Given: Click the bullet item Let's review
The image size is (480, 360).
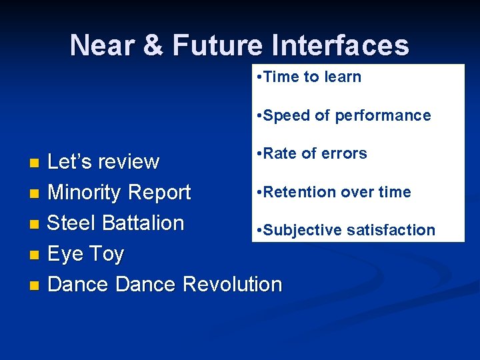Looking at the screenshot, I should [103, 162].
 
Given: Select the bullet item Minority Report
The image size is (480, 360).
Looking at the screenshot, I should [119, 193].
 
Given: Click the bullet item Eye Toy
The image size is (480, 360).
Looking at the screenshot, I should [85, 254].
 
